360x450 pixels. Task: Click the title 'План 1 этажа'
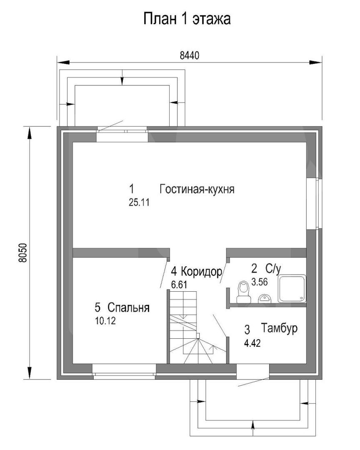click(x=187, y=19)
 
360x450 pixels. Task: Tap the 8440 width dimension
click(x=190, y=55)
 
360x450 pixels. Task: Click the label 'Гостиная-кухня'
click(x=197, y=189)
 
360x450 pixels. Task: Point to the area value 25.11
click(x=139, y=202)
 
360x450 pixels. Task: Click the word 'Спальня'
click(x=129, y=307)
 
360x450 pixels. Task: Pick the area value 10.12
click(x=105, y=321)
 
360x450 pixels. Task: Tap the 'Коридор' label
click(x=202, y=271)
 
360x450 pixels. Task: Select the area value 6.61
click(x=179, y=285)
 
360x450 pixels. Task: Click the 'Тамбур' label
click(x=279, y=328)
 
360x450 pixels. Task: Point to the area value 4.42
click(x=252, y=343)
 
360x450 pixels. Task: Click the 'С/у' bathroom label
click(x=273, y=269)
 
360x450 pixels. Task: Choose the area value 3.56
click(x=260, y=282)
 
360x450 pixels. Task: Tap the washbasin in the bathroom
click(x=265, y=299)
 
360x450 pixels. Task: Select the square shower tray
click(x=292, y=289)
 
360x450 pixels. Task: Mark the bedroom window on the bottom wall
click(x=124, y=372)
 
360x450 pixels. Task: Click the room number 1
click(x=132, y=189)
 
